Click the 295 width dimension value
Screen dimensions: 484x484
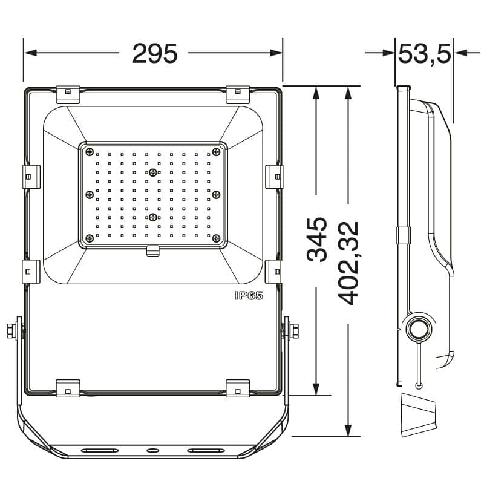[155, 53]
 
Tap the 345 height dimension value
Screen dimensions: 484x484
[316, 240]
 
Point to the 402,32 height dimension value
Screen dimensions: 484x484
[348, 263]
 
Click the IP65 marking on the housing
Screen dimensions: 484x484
[249, 296]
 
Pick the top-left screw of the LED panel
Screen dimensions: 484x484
[90, 152]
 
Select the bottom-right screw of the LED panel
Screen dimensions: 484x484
[217, 238]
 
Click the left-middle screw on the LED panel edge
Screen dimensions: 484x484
[90, 194]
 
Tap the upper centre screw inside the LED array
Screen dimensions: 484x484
[153, 172]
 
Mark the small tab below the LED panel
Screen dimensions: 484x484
[153, 250]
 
